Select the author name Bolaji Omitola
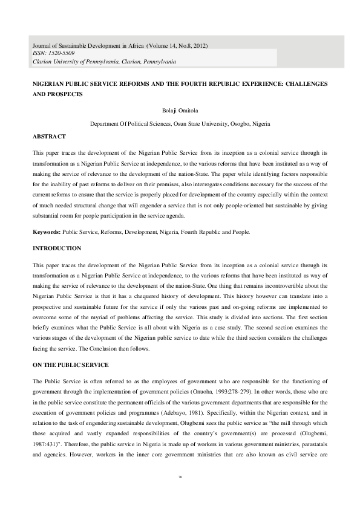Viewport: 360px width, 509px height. tap(180, 110)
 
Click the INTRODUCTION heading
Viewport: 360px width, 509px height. tap(55, 248)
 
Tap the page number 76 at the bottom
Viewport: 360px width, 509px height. tap(180, 494)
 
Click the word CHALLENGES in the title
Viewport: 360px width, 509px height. tap(302, 83)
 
